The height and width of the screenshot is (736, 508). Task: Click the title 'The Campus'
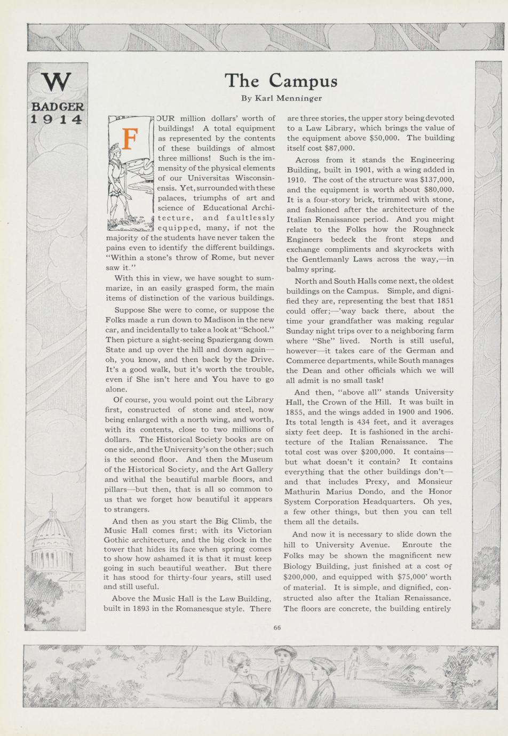pyautogui.click(x=281, y=81)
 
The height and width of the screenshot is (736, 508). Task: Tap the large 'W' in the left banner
pyautogui.click(x=56, y=81)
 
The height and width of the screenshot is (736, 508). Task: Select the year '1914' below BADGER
pyautogui.click(x=57, y=119)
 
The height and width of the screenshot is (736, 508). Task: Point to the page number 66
pyautogui.click(x=277, y=628)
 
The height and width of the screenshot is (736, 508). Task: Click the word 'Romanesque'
pyautogui.click(x=213, y=608)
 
